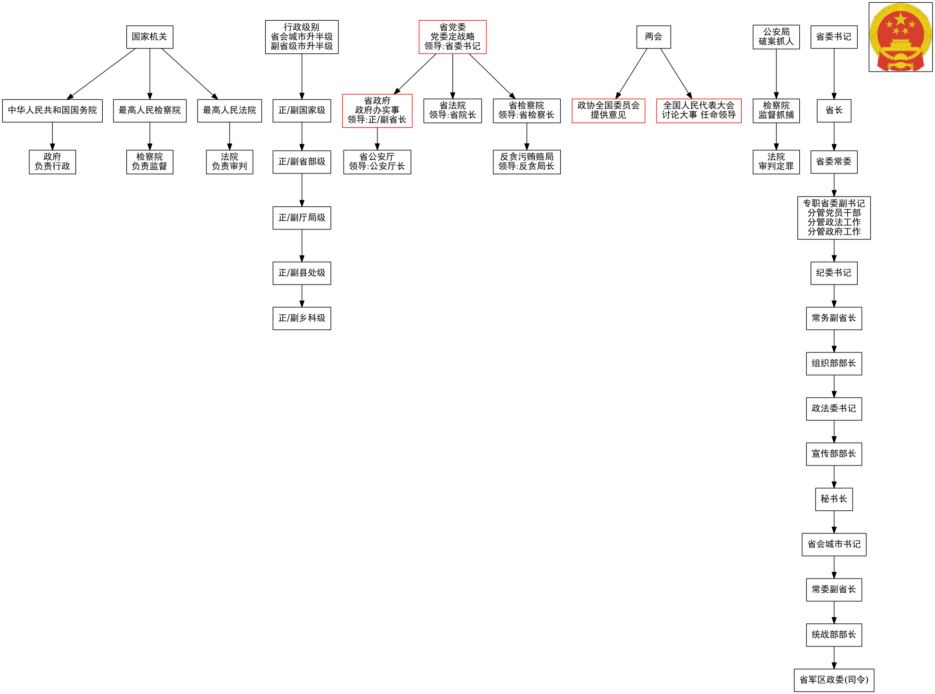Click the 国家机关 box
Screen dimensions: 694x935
tap(149, 37)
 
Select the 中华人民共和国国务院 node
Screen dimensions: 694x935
tap(52, 110)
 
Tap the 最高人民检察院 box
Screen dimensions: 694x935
tap(149, 110)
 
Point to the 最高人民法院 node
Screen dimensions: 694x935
tap(230, 110)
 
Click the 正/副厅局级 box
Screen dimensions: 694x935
tap(302, 218)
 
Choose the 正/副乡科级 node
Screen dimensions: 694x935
tap(302, 318)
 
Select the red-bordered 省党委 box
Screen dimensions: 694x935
tap(452, 37)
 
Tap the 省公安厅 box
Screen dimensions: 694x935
tap(377, 162)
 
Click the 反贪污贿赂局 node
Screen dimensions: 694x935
tap(526, 162)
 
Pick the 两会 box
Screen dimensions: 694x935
tap(654, 37)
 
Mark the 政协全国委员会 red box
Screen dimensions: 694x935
tap(608, 110)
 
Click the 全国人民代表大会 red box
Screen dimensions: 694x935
tap(698, 110)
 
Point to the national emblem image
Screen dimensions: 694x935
tap(900, 37)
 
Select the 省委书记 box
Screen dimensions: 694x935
tap(834, 37)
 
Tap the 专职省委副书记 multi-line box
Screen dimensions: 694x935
tap(834, 218)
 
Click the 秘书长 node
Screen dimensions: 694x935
tap(834, 499)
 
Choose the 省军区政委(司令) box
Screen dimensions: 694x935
tap(834, 680)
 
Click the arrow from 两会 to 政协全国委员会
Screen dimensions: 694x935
tap(632, 73)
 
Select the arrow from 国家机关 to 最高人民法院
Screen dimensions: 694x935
tap(189, 73)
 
